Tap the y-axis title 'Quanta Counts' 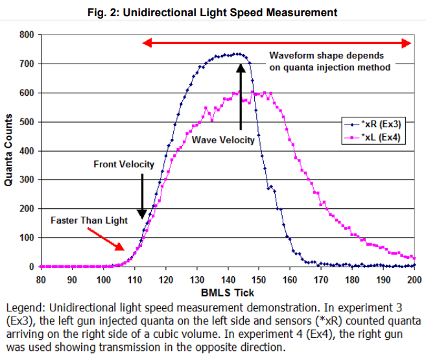[9, 150]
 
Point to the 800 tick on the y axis [27, 34]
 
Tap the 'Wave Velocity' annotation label [222, 139]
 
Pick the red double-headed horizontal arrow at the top [277, 43]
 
